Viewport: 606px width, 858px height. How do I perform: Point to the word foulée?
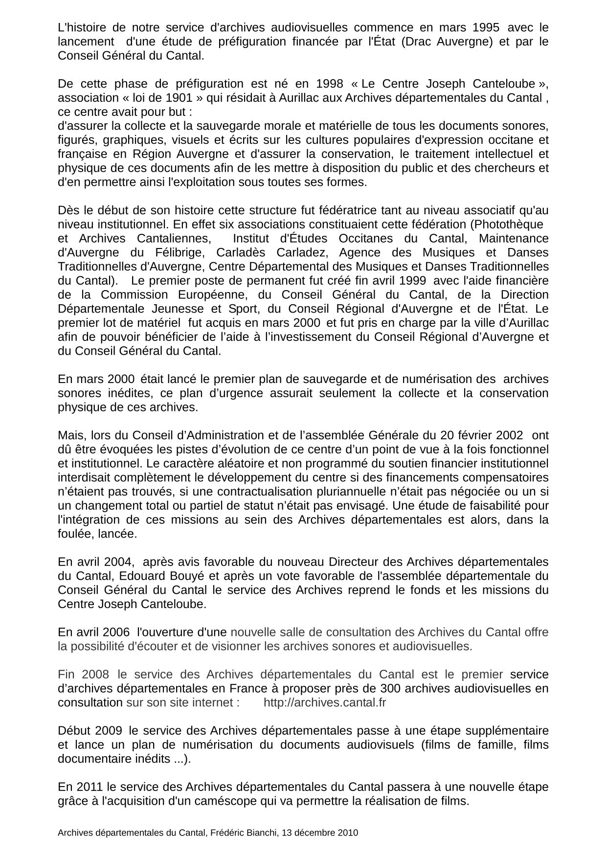coord(74,534)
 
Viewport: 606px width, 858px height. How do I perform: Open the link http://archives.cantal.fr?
coord(325,702)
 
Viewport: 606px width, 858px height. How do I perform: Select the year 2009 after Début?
coord(109,731)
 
